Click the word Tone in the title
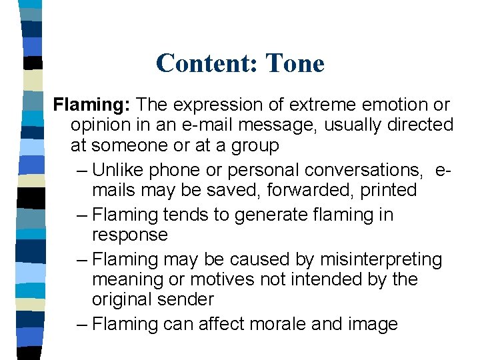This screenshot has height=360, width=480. [x=295, y=63]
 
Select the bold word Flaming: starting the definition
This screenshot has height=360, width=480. [x=93, y=105]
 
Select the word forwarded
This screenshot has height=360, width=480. [x=311, y=190]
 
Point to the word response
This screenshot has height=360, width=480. [x=129, y=235]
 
